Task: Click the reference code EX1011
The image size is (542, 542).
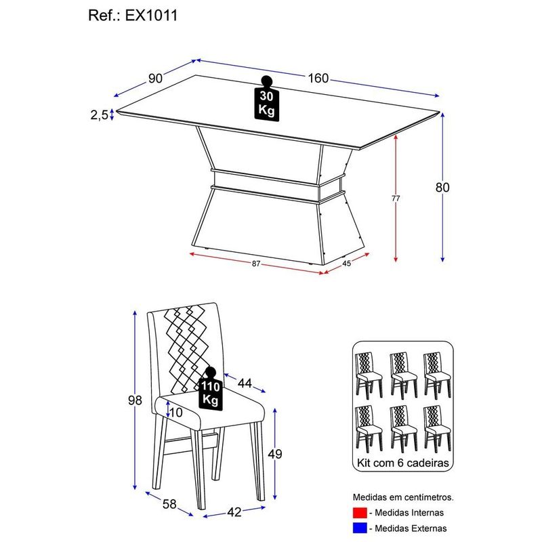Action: tap(151, 16)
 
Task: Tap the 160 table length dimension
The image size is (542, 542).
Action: tap(318, 78)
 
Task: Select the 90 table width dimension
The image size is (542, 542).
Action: tap(155, 79)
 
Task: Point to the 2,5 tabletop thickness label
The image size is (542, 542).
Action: tap(100, 114)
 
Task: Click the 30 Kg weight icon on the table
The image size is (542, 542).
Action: tap(266, 98)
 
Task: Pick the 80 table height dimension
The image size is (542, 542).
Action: tap(442, 188)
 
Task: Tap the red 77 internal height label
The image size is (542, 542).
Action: tap(396, 199)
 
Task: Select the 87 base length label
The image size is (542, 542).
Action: tap(255, 264)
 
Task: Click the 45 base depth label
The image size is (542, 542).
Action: tap(347, 264)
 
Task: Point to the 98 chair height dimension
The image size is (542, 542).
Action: tap(135, 400)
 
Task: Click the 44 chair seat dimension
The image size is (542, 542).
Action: tap(245, 383)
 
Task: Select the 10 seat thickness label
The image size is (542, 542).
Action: tap(175, 412)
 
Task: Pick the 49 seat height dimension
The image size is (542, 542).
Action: tap(275, 454)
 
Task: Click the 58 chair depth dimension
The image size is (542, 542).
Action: tap(169, 504)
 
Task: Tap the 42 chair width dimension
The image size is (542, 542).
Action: tap(234, 512)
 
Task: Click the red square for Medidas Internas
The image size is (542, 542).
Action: tap(360, 513)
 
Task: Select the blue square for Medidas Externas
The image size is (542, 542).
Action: tap(360, 528)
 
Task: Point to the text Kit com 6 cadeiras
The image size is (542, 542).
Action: tap(402, 463)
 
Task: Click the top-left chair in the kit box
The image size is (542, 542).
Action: tap(369, 375)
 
